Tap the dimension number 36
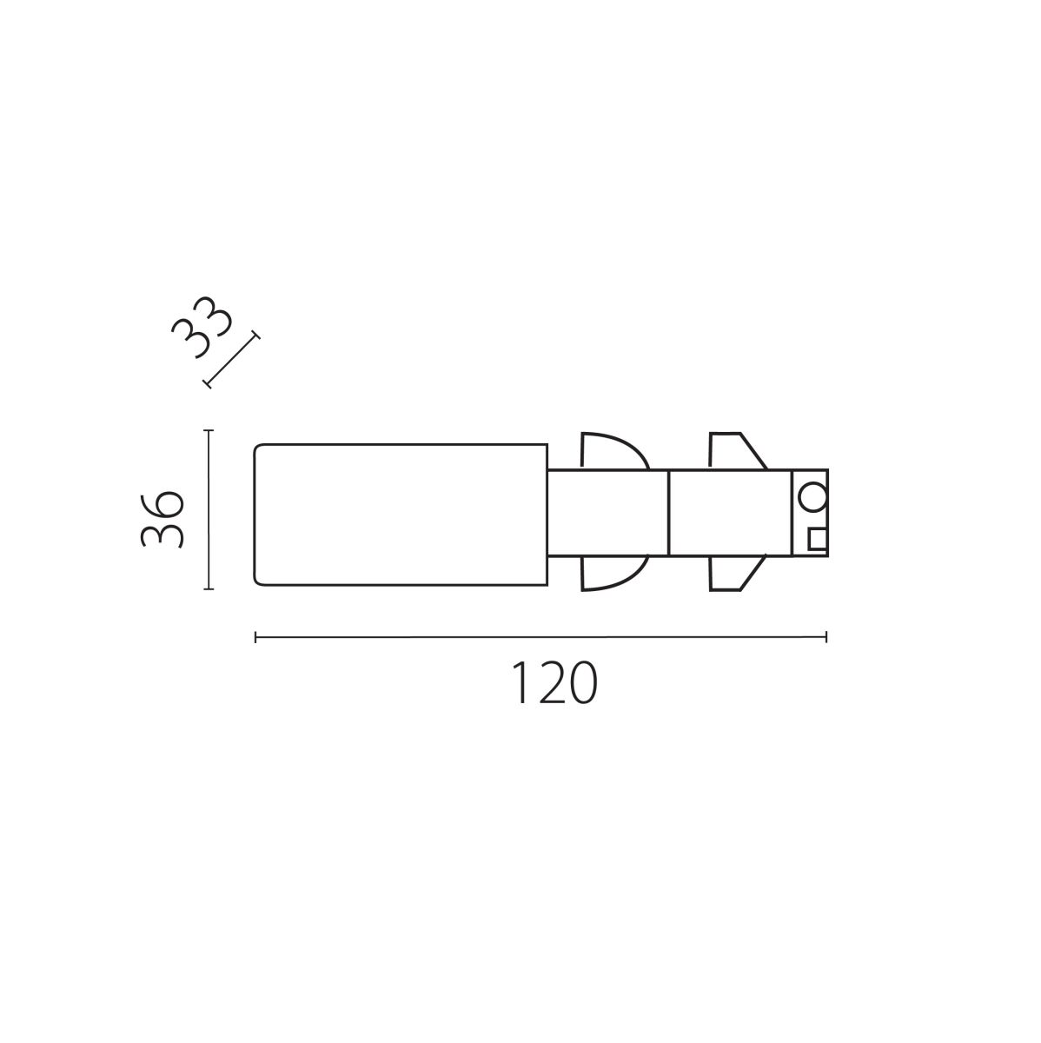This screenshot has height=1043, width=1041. (162, 519)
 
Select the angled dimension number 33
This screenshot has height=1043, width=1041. (202, 327)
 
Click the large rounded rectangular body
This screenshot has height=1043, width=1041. (401, 515)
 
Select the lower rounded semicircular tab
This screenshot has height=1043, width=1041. (613, 573)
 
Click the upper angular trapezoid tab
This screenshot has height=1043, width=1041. (736, 450)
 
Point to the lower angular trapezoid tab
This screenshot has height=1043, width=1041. (735, 573)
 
